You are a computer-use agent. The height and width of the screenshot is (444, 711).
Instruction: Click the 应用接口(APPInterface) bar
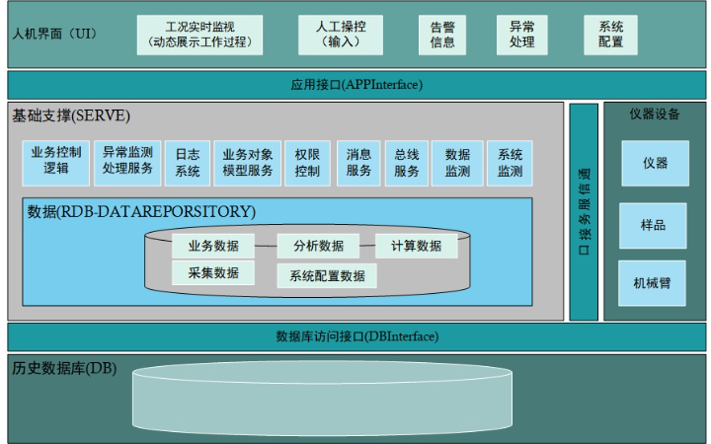pos(356,85)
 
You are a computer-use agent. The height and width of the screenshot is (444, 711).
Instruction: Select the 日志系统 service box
pos(187,163)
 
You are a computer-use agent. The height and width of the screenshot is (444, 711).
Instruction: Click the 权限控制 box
pos(307,163)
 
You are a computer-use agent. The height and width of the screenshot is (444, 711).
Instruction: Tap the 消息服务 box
pos(358,163)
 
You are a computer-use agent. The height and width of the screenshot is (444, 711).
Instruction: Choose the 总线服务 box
pos(407,163)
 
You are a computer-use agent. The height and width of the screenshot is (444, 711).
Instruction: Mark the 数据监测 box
pos(457,163)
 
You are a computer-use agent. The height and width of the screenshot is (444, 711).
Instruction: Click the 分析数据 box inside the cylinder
pos(318,246)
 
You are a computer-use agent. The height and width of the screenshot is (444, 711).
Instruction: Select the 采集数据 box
pos(212,273)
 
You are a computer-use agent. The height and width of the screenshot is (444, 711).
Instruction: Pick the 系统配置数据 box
pos(327,276)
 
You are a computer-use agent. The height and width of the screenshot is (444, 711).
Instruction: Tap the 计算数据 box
pos(416,246)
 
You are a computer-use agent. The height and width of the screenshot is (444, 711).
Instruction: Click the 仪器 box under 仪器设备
pos(655,163)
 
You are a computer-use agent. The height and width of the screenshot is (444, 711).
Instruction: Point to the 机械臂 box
pos(652,283)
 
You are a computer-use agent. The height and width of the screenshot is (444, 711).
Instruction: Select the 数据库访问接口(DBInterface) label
pos(356,336)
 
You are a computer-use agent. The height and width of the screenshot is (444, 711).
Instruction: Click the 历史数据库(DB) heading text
pos(64,369)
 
